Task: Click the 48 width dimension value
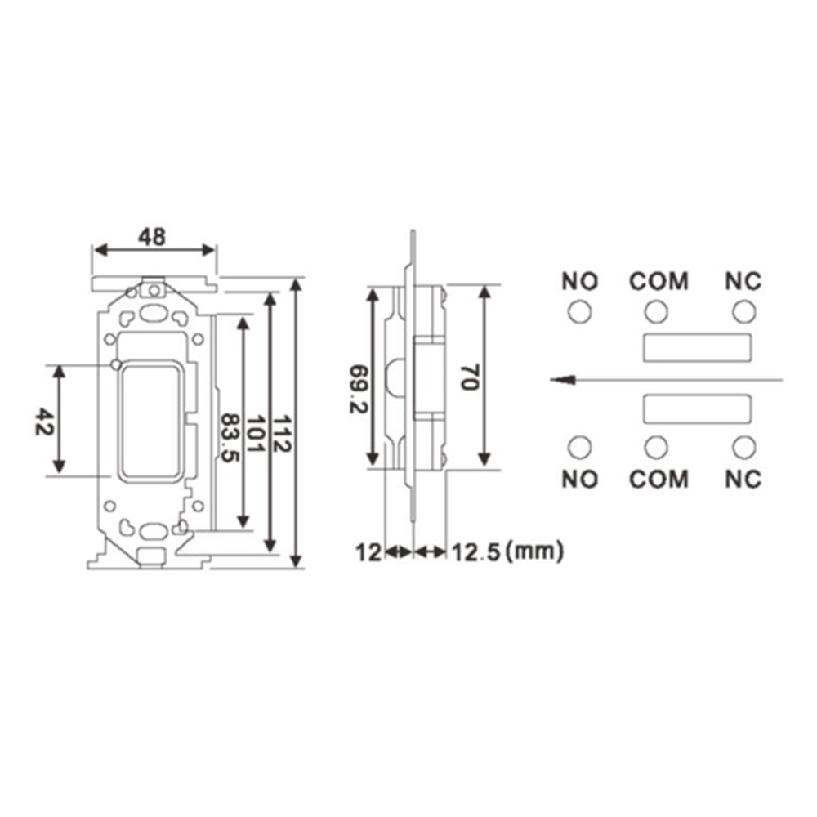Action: point(152,237)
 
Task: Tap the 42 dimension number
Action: point(44,422)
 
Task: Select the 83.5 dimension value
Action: point(230,438)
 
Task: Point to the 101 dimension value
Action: point(255,434)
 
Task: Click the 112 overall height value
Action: point(282,434)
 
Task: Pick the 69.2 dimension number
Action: point(359,389)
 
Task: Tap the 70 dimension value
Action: point(470,377)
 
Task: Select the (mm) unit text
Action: point(535,551)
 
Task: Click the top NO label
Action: point(579,281)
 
